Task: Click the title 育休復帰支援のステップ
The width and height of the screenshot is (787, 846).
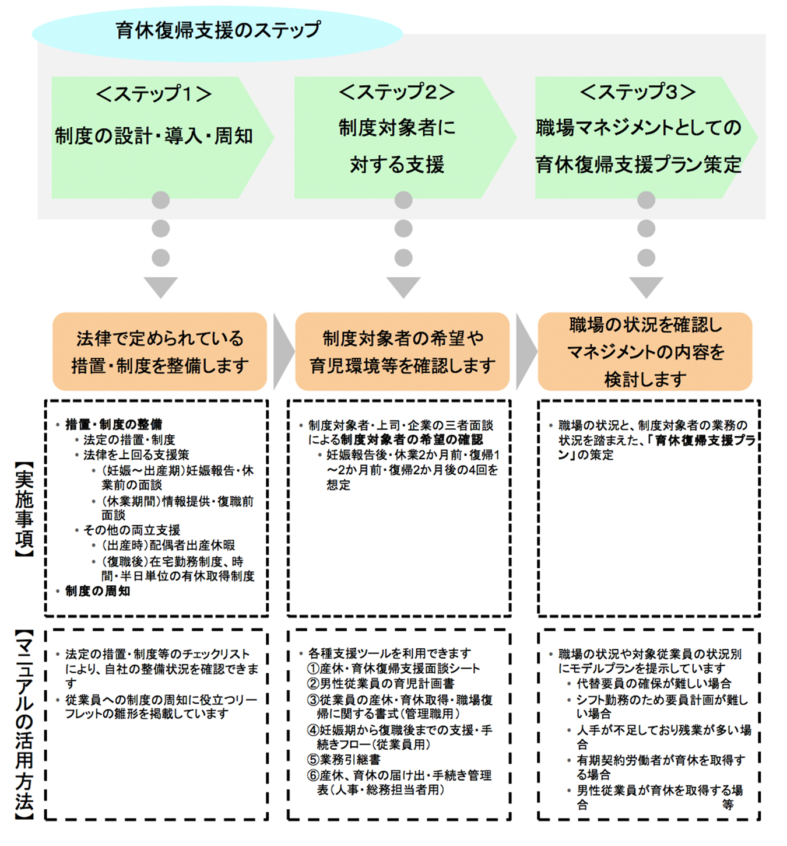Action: (218, 31)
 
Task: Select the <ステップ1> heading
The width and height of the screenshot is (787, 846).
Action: (154, 94)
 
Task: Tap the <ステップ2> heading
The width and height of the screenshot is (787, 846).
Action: (396, 92)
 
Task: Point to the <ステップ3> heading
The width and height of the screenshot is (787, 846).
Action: (638, 92)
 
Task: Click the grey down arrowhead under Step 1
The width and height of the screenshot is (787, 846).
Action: (160, 286)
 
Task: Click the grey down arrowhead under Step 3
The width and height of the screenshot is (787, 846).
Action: (646, 286)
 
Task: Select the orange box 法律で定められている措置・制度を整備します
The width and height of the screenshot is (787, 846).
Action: (160, 351)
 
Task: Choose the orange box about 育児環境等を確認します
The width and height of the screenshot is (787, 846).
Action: (402, 351)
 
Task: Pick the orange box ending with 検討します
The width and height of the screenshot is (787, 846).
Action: (645, 351)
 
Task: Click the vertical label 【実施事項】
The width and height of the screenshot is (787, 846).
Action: (24, 509)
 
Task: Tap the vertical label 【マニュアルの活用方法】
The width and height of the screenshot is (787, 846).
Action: (24, 724)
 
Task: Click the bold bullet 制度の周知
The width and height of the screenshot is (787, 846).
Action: (97, 591)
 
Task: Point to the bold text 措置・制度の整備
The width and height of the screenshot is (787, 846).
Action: (114, 424)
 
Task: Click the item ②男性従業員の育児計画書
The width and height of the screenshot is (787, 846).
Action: (381, 683)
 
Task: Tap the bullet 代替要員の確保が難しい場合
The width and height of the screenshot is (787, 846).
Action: (654, 683)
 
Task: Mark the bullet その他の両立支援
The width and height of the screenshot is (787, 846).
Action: (132, 530)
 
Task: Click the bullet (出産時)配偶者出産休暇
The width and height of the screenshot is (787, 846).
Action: (168, 546)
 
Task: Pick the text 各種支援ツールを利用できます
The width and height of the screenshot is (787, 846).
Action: (389, 653)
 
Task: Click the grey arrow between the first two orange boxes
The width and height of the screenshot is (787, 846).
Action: (283, 351)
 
